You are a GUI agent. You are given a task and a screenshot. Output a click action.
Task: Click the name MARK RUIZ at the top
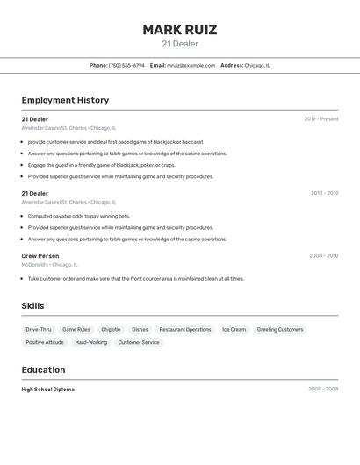tap(180, 29)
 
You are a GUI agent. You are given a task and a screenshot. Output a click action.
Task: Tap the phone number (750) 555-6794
tap(126, 65)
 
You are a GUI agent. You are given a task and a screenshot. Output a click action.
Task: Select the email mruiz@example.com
tap(191, 65)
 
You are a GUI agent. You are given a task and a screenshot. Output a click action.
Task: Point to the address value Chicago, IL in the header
tap(257, 65)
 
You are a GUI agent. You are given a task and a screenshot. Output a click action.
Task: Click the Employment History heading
tap(65, 100)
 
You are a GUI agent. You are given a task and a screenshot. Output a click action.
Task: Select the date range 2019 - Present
tap(321, 119)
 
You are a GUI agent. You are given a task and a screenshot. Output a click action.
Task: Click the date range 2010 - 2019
tap(324, 193)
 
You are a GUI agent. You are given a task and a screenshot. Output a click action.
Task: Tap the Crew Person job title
tap(40, 256)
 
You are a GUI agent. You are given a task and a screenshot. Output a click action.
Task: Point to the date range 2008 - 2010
tap(323, 256)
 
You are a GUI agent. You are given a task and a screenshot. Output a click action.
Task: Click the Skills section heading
tap(33, 305)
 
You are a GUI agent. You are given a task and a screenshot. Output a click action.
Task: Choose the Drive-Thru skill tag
tap(39, 330)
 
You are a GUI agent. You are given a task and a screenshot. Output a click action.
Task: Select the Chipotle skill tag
tap(111, 330)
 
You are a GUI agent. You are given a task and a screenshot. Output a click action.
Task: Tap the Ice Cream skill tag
tap(234, 330)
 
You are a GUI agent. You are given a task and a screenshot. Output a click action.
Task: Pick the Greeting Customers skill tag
tap(280, 330)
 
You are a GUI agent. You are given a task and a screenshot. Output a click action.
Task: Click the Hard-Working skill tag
tap(90, 342)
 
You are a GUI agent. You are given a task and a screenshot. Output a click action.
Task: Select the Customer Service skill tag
tap(139, 342)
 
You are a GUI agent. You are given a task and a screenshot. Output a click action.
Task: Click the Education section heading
tap(43, 369)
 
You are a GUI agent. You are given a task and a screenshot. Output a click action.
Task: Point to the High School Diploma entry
tap(48, 389)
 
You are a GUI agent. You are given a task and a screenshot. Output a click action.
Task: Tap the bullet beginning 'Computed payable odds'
tap(79, 216)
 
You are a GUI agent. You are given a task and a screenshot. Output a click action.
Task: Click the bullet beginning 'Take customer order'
tap(136, 279)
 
